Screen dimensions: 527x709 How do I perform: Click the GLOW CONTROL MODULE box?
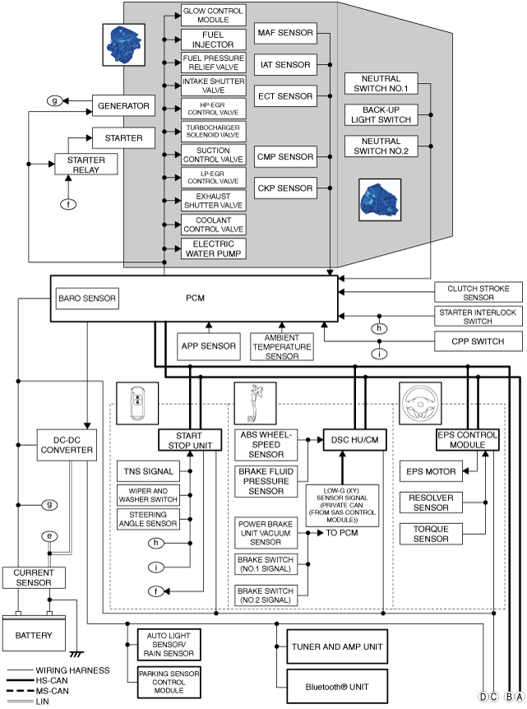pyautogui.click(x=213, y=16)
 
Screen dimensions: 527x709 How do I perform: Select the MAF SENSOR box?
pyautogui.click(x=285, y=33)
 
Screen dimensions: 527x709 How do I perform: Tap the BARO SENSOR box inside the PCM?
pyautogui.click(x=87, y=299)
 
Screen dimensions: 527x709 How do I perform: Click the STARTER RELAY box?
pyautogui.click(x=86, y=165)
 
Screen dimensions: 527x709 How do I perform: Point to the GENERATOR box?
pyautogui.click(x=123, y=106)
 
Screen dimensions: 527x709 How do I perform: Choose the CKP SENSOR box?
pyautogui.click(x=285, y=188)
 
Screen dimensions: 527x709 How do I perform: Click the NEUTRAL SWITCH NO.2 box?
pyautogui.click(x=381, y=146)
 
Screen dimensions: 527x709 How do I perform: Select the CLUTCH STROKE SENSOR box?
pyautogui.click(x=478, y=293)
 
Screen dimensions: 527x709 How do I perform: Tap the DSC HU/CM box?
pyautogui.click(x=355, y=440)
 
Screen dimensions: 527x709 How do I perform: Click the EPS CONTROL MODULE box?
pyautogui.click(x=467, y=440)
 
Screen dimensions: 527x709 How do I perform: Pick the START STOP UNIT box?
pyautogui.click(x=190, y=440)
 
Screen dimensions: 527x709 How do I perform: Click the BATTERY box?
pyautogui.click(x=34, y=634)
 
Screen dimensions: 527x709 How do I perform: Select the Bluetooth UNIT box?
pyautogui.click(x=337, y=687)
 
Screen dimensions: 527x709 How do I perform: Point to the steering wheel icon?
pyautogui.click(x=420, y=403)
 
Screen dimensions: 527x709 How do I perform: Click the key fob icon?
pyautogui.click(x=137, y=403)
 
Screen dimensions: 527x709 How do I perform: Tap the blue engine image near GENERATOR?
pyautogui.click(x=124, y=45)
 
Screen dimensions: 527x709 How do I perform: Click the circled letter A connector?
pyautogui.click(x=520, y=697)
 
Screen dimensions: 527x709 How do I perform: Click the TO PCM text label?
pyautogui.click(x=342, y=533)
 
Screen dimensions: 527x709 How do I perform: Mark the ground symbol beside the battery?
pyautogui.click(x=76, y=654)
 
